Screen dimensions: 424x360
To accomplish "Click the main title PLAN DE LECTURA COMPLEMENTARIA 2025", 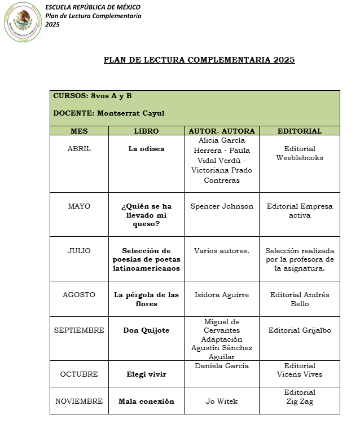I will [x=199, y=60].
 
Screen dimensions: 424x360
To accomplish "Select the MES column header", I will [x=79, y=131].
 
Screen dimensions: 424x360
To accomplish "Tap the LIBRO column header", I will [x=146, y=131].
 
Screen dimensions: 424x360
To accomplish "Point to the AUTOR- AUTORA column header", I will [x=222, y=131].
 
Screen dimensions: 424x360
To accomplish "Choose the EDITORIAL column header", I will [x=300, y=131].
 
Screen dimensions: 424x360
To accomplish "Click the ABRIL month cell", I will [x=79, y=149].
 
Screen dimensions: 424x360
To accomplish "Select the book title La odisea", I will [x=146, y=149].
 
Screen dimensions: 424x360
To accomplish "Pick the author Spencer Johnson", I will [x=222, y=206].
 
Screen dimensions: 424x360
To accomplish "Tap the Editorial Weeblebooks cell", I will [x=300, y=153].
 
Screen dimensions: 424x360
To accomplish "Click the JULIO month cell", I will [x=79, y=251].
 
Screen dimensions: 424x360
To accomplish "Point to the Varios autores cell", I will [x=222, y=251].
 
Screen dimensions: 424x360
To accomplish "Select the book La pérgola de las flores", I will [x=146, y=299].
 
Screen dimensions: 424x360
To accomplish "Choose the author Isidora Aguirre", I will [x=222, y=295].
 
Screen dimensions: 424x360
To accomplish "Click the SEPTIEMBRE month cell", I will [x=79, y=330].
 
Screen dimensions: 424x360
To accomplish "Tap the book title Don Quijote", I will [x=146, y=330].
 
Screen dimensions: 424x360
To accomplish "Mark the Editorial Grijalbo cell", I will [x=300, y=330].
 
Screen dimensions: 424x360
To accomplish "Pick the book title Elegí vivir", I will [x=146, y=374].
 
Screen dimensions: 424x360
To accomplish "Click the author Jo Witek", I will [x=222, y=401].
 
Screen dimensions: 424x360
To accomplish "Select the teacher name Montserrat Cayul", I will [x=130, y=113].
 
